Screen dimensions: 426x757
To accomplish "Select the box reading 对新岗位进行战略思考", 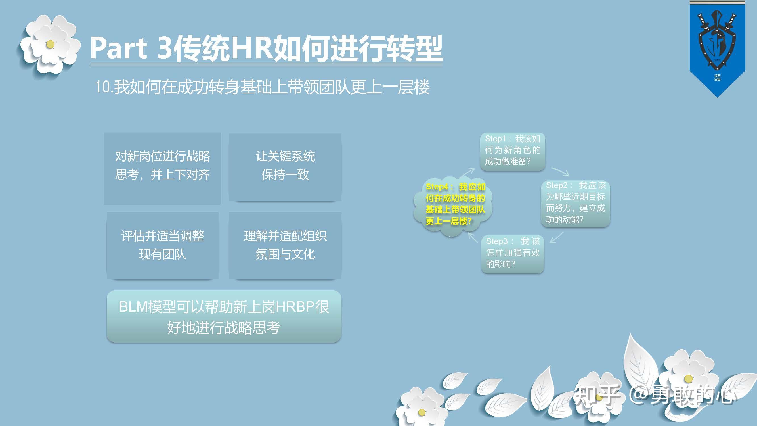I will pos(162,168).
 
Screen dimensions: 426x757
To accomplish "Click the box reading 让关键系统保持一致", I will pos(285,167).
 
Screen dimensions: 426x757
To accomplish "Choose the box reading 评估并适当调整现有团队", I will pos(163,245).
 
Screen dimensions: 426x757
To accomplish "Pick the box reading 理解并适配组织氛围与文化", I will pos(285,245).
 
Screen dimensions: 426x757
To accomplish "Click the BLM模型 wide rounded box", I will pos(224,316).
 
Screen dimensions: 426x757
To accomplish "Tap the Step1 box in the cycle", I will pos(513,151).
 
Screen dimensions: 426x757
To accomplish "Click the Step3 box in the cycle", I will pos(513,254).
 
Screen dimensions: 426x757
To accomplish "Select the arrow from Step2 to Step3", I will pos(557,237).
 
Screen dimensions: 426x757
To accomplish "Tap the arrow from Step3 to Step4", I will pos(473,237).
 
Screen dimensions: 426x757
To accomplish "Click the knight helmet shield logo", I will pos(717,41).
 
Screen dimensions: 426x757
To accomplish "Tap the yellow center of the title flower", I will pos(50,44).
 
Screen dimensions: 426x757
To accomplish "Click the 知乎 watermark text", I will pos(597,395).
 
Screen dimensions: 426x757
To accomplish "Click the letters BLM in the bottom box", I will pos(133,307).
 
